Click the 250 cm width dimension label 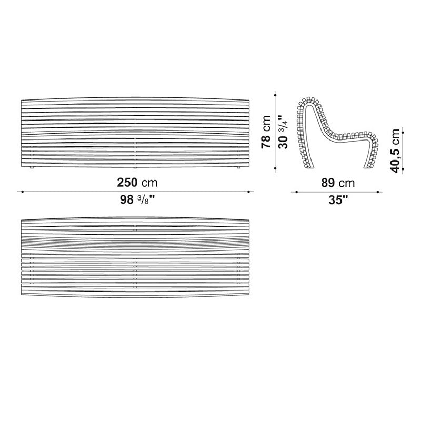tap(137, 183)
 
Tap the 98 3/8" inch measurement tap(137, 200)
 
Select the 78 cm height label tap(266, 132)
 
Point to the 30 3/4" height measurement tap(283, 132)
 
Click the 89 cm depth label tap(338, 183)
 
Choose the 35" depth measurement tap(338, 200)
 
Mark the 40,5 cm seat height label tap(395, 151)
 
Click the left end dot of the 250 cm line tap(22, 192)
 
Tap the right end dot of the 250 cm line tap(249, 192)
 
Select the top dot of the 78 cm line tap(275, 95)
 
